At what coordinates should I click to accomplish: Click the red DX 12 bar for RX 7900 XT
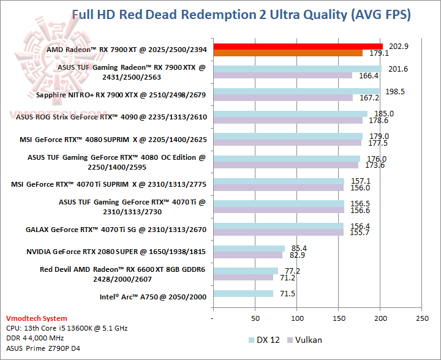click(297, 47)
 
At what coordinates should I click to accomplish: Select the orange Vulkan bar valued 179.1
click(287, 53)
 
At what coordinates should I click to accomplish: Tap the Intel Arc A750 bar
click(243, 293)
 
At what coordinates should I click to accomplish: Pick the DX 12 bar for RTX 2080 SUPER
click(249, 248)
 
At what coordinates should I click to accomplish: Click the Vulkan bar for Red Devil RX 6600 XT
click(243, 277)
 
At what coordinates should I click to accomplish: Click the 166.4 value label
click(370, 76)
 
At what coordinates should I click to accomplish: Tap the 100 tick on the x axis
click(296, 319)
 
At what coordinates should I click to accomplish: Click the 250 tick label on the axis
click(421, 319)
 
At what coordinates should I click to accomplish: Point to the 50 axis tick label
click(255, 319)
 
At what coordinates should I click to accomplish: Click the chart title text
click(241, 14)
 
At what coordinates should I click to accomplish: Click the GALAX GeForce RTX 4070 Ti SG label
click(116, 230)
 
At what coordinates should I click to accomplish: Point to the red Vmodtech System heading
click(37, 318)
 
